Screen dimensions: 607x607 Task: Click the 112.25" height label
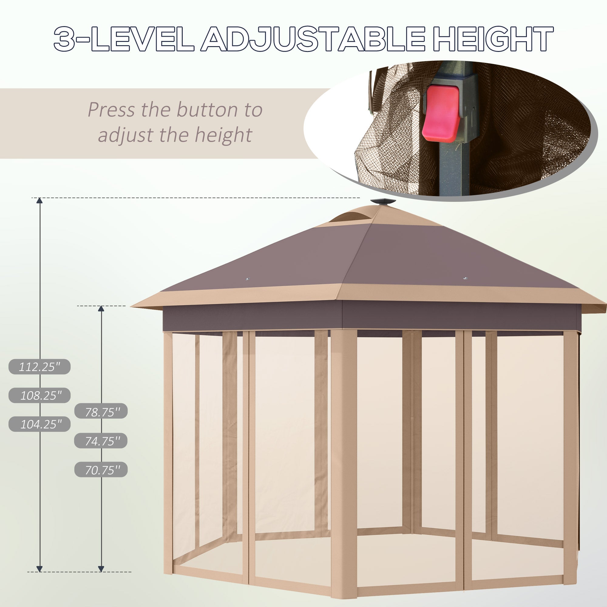point(39,366)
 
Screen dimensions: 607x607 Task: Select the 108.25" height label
point(39,395)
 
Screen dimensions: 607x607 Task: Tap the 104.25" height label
point(39,424)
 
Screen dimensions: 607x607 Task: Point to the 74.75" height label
point(101,441)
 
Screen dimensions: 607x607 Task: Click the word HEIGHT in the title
point(493,39)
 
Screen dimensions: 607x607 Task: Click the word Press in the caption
point(111,110)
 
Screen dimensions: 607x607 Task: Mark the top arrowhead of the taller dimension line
point(39,201)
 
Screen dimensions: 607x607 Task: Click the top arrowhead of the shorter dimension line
point(101,309)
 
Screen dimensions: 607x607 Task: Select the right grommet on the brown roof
point(466,278)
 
